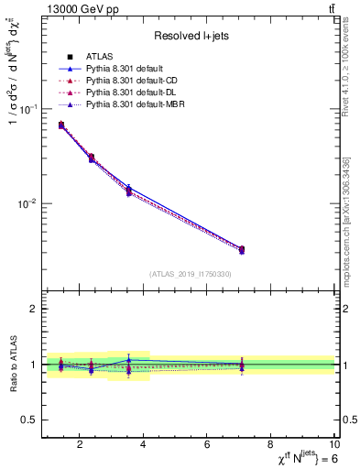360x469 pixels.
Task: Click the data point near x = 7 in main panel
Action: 241,249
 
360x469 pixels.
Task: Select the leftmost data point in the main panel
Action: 61,125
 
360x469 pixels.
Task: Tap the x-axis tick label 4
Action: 143,446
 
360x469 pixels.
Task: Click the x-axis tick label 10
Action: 334,446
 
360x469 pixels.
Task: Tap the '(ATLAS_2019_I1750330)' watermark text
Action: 190,274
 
